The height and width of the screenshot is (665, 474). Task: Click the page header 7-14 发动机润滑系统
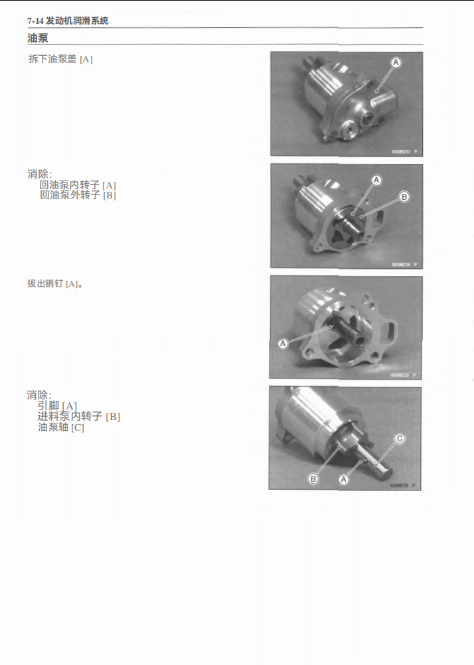point(68,21)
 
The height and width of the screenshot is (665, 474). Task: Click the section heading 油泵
point(37,38)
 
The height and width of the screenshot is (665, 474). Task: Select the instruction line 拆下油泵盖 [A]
point(60,59)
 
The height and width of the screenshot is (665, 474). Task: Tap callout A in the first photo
point(396,62)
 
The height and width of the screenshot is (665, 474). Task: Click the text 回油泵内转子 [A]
point(78,185)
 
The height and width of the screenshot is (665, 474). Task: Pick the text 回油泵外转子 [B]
point(78,195)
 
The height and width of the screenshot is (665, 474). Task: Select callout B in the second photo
point(404,196)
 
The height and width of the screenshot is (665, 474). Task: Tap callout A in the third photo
point(283,343)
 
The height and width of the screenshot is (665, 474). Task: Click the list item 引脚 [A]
point(57,406)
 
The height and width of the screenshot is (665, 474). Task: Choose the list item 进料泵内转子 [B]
point(78,416)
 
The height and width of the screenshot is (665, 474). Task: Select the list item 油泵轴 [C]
point(61,427)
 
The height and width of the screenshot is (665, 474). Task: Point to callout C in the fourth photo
point(400,438)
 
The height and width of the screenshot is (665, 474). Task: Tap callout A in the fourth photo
point(344,478)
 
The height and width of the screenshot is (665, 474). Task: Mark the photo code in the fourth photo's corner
point(400,486)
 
